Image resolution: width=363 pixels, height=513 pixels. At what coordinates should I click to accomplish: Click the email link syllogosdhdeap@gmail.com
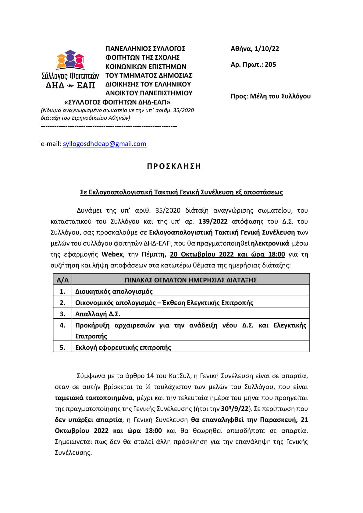click(105, 144)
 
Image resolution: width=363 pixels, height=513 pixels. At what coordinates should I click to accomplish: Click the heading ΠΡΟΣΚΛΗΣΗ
click(174, 166)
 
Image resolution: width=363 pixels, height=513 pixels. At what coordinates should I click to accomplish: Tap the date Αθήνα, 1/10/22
click(255, 49)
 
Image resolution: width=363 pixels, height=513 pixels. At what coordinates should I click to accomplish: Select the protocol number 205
click(270, 64)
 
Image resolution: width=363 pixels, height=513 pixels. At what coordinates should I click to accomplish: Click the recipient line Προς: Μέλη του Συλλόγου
click(271, 96)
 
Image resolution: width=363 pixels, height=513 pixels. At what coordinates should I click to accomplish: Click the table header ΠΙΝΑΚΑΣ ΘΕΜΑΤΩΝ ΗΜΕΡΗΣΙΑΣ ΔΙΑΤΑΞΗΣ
click(190, 280)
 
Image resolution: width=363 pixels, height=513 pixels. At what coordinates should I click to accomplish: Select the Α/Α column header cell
click(62, 280)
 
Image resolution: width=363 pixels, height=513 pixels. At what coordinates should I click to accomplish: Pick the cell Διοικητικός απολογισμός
click(114, 292)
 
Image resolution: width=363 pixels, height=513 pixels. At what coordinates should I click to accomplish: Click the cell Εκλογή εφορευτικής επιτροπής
click(123, 348)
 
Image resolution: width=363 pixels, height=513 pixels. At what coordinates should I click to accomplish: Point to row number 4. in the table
click(62, 325)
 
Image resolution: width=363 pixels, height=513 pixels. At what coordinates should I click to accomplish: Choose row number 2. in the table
click(62, 303)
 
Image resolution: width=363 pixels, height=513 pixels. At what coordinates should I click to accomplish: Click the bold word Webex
click(112, 254)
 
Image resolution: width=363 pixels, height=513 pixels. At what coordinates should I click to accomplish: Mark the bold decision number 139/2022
click(213, 221)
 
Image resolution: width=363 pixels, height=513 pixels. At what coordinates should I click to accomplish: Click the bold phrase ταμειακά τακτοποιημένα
click(94, 398)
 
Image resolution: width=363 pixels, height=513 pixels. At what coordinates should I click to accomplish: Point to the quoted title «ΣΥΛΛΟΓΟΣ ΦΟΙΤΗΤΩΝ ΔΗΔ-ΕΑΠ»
click(118, 102)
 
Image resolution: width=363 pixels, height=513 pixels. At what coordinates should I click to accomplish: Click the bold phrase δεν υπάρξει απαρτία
click(88, 420)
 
